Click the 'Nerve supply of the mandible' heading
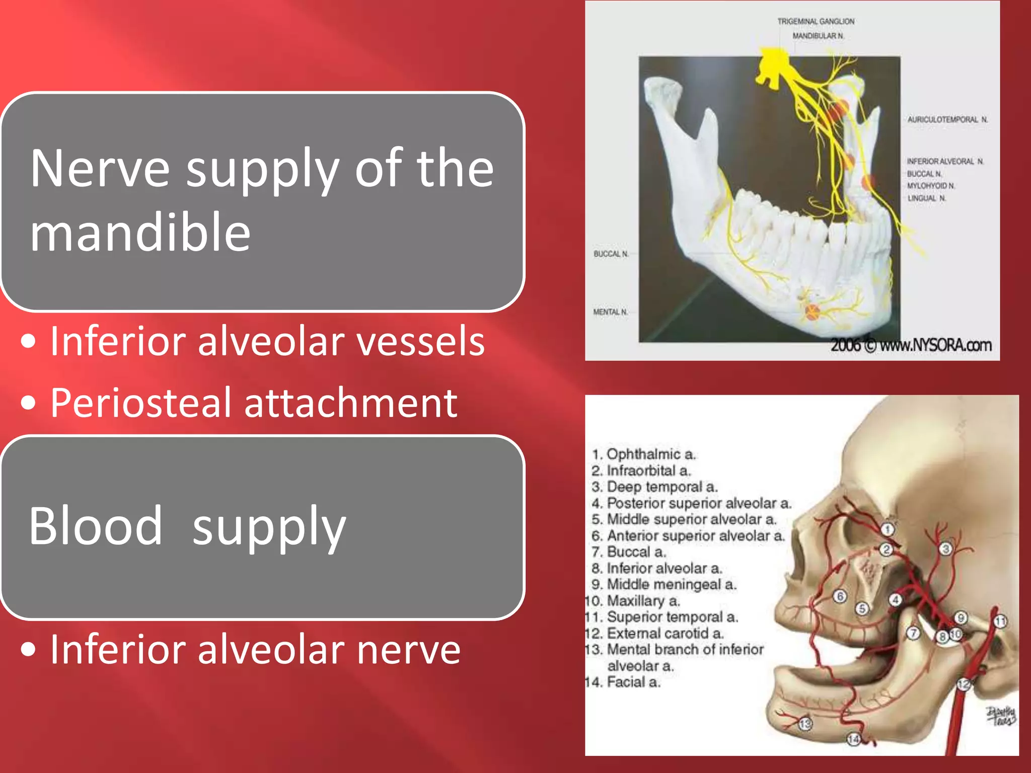click(x=262, y=200)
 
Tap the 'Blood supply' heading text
click(x=187, y=526)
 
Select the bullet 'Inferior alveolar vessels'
click(x=267, y=341)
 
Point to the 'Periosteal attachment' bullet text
click(x=254, y=403)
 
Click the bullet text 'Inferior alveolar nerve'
click(x=255, y=649)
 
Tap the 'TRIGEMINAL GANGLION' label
click(x=816, y=22)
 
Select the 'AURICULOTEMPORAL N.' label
click(x=947, y=120)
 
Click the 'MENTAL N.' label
click(x=610, y=312)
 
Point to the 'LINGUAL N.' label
click(x=926, y=198)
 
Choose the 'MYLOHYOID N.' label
click(x=930, y=186)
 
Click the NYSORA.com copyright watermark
click(x=911, y=345)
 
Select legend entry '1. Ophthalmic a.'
click(x=643, y=454)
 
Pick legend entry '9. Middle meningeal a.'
click(x=664, y=584)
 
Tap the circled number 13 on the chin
click(x=805, y=724)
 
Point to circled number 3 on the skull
click(x=946, y=549)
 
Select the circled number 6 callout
click(x=840, y=596)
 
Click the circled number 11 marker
click(x=1000, y=622)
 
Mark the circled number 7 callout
click(x=913, y=633)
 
